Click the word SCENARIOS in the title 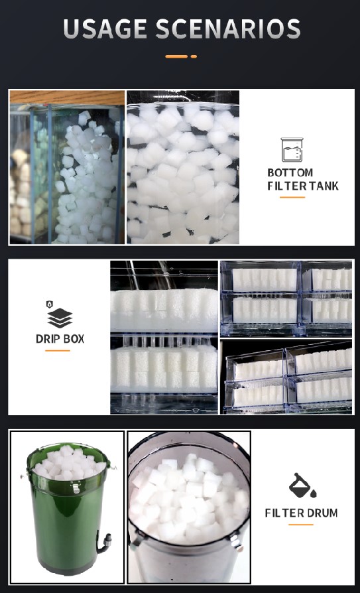coord(228,29)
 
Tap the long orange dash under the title coord(176,56)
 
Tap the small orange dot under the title coord(194,56)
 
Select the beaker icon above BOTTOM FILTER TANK coord(292,150)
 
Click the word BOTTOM coord(290,173)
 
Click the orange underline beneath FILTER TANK coord(292,197)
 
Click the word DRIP coord(48,338)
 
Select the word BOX coord(74,338)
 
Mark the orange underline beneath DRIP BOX coord(58,351)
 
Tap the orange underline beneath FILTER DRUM coord(301,525)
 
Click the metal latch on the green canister coord(76,488)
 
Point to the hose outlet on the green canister coord(104,541)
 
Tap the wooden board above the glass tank coord(67,98)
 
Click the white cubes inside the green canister coord(69,462)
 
